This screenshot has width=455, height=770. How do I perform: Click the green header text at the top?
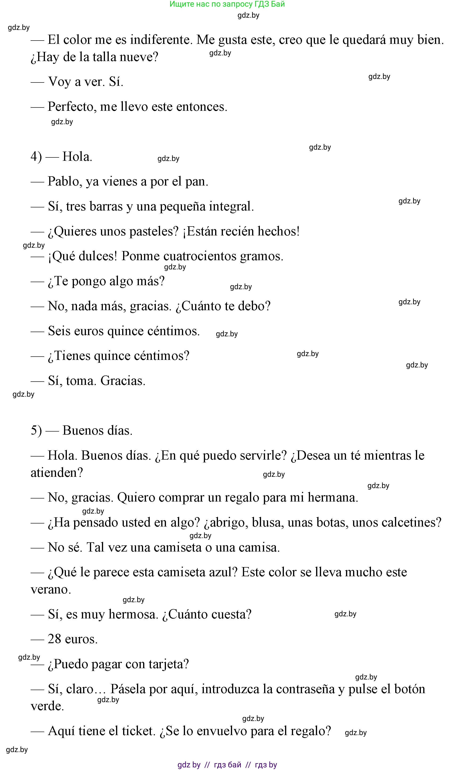[227, 4]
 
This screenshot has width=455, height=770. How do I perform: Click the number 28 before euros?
[54, 639]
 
